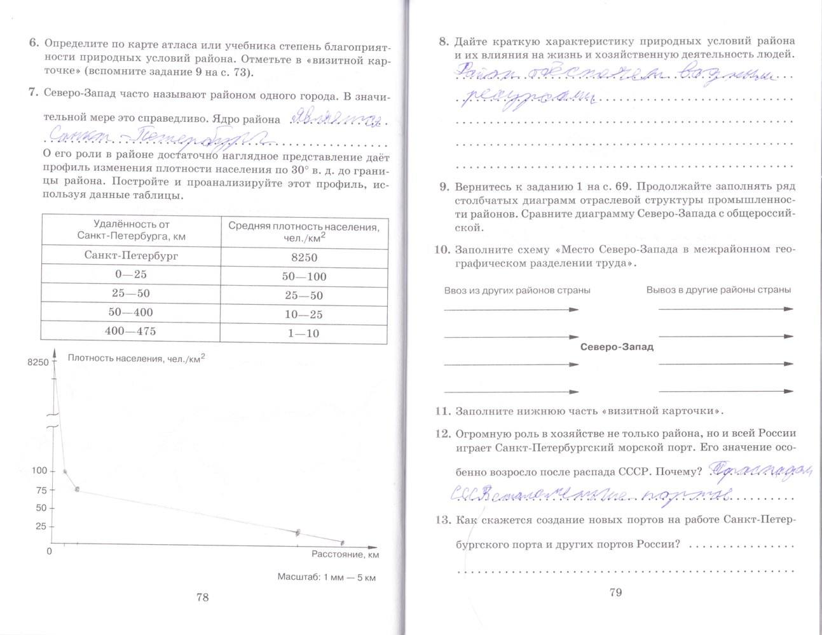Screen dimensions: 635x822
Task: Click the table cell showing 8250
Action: click(304, 257)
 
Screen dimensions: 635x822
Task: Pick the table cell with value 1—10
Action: click(304, 333)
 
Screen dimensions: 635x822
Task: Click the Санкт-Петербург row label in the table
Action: click(132, 255)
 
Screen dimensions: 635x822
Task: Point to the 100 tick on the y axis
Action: click(39, 471)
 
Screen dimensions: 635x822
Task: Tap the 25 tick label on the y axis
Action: click(41, 526)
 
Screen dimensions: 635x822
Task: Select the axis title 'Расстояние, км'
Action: click(345, 554)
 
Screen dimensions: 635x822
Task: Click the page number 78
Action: click(202, 597)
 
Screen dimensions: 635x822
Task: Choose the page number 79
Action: click(615, 592)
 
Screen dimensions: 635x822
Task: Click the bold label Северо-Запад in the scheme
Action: click(617, 347)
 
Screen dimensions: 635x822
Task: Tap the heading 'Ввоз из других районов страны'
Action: click(517, 290)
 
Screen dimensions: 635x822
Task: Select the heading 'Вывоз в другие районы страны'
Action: click(718, 290)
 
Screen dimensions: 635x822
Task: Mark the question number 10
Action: click(442, 250)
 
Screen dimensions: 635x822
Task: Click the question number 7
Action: click(33, 93)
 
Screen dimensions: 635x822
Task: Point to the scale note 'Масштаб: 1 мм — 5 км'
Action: click(327, 577)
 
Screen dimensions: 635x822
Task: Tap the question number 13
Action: click(443, 520)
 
